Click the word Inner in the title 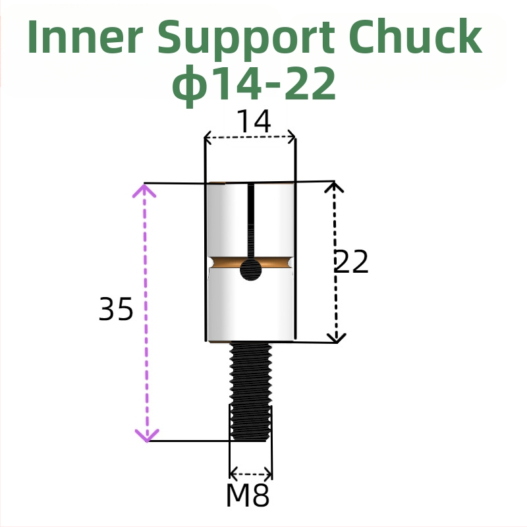click(85, 38)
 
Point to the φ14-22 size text click(254, 84)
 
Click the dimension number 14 click(253, 122)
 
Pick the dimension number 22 click(351, 262)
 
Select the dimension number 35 click(116, 309)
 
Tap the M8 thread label click(248, 496)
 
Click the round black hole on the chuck click(250, 269)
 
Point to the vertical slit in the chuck click(250, 221)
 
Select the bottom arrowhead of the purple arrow click(146, 435)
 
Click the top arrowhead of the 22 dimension click(335, 187)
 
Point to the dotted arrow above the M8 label click(250, 474)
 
